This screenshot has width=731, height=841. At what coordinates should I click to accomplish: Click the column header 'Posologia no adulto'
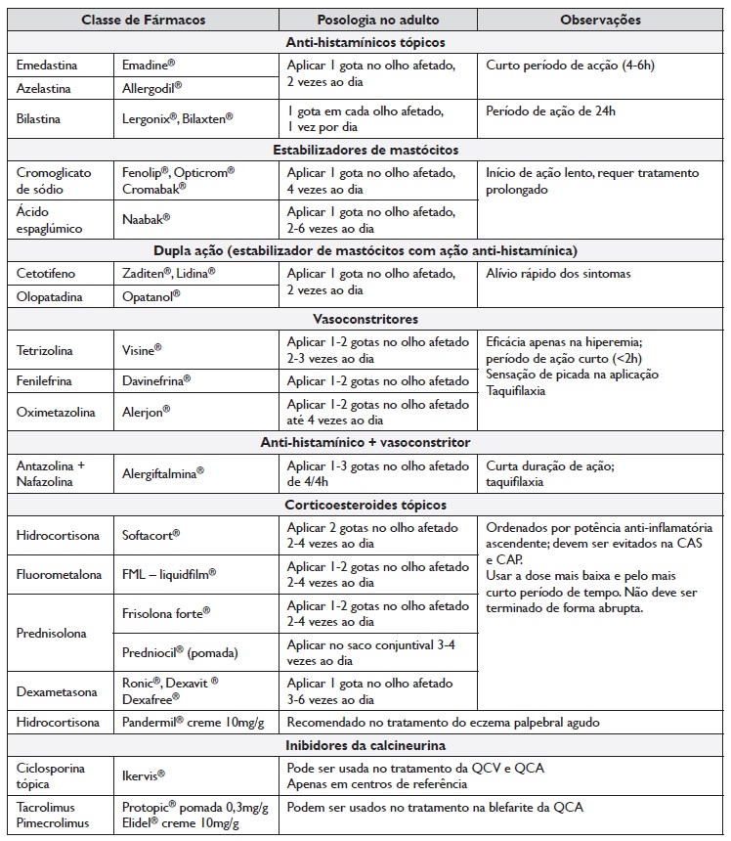coord(377,20)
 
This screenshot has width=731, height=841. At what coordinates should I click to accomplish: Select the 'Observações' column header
coord(600,20)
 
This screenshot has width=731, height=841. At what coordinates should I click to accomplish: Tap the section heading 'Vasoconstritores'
coord(365,319)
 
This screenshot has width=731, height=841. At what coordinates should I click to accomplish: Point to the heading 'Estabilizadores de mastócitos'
coord(365,150)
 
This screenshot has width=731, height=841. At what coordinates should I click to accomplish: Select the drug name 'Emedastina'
coord(48,65)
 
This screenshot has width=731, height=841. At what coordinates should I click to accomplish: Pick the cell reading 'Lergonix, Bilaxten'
coord(178,117)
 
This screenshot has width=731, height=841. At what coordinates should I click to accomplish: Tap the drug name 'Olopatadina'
coord(50,295)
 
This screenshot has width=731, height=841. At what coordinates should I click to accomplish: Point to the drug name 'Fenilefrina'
coord(47,380)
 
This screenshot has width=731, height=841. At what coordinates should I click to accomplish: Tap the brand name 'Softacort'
coord(152,535)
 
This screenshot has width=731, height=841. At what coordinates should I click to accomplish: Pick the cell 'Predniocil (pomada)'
coord(180,652)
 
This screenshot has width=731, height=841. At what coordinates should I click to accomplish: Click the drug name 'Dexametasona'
coord(57,691)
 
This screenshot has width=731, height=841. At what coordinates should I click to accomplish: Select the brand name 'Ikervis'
coord(144,775)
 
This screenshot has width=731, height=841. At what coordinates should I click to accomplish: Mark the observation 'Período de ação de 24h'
coord(550,111)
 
